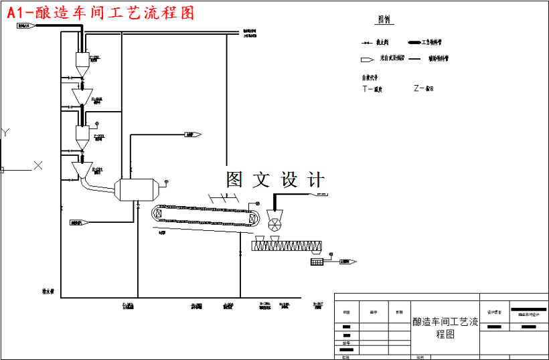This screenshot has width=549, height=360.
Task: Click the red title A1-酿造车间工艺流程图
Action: click(100, 13)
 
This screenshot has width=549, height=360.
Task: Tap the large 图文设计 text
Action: click(275, 179)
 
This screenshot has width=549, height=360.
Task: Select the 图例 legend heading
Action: click(384, 20)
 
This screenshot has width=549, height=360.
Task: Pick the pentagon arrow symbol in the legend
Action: click(366, 59)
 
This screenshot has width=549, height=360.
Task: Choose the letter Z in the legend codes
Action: click(417, 88)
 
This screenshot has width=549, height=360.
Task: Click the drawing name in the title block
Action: click(445, 328)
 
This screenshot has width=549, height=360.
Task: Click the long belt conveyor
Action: click(204, 215)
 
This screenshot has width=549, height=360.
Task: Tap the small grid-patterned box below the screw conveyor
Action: click(317, 262)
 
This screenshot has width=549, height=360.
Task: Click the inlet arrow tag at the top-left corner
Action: click(25, 26)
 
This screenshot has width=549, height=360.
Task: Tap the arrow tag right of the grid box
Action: click(348, 262)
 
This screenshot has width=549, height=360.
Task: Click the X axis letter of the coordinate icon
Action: click(38, 165)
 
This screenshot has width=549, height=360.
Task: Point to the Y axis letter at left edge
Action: click(5, 132)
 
